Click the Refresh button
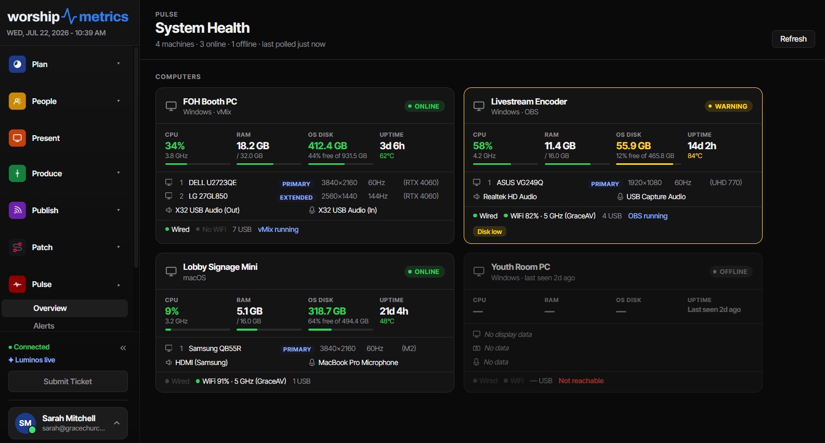tap(793, 38)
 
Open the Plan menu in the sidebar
tap(65, 64)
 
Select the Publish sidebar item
tap(65, 210)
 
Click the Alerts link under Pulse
tap(44, 325)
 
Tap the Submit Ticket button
tap(68, 381)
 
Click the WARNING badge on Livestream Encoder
tap(728, 106)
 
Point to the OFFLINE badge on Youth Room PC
tap(730, 271)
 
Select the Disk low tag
tap(490, 231)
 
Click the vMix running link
tap(278, 229)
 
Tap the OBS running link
tap(648, 216)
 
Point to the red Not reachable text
tap(581, 381)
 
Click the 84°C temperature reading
tap(695, 156)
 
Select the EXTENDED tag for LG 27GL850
tap(296, 198)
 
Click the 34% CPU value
tap(175, 146)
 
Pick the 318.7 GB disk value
tap(326, 311)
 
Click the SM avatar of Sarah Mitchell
tap(25, 423)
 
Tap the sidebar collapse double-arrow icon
tap(123, 348)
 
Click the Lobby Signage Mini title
tap(220, 267)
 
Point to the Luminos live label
tap(32, 360)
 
